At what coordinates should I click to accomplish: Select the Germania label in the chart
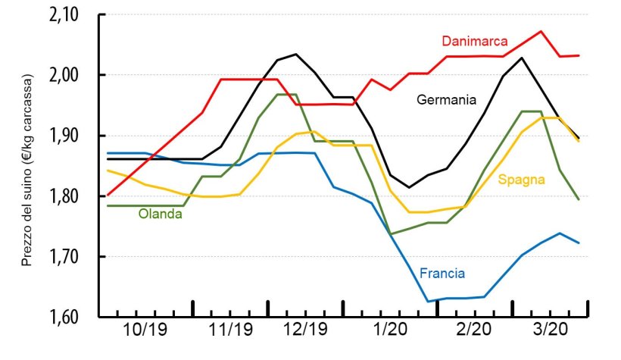click(x=446, y=99)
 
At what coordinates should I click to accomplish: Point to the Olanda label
click(x=160, y=214)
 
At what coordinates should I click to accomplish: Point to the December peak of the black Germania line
click(x=295, y=54)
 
